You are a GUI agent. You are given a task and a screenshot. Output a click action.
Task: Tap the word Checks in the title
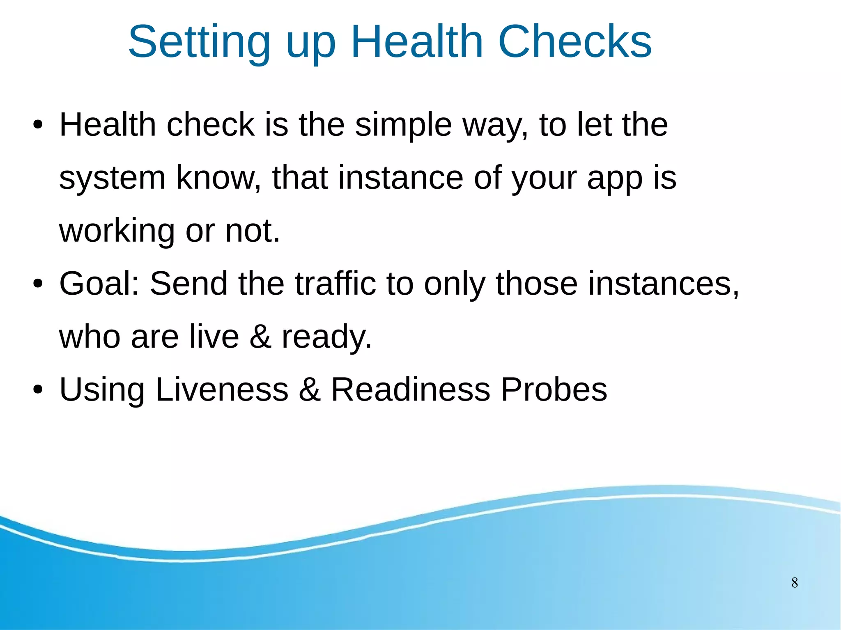(574, 42)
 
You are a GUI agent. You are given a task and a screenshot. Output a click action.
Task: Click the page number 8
(795, 583)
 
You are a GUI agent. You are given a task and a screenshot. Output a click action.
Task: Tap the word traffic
(335, 284)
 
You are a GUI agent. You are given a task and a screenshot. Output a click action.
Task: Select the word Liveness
(222, 389)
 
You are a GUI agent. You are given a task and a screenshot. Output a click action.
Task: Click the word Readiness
(410, 389)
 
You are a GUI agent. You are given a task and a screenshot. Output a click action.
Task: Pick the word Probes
(554, 389)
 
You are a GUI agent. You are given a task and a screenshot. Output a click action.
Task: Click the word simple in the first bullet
(403, 125)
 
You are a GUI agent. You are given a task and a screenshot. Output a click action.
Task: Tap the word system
(112, 179)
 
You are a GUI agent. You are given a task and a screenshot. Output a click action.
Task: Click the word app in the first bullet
(615, 179)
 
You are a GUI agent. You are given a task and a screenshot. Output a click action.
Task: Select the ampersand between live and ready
(260, 337)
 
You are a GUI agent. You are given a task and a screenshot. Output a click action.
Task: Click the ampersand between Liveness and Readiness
(309, 389)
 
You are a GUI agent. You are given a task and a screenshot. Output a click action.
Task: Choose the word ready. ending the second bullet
(326, 337)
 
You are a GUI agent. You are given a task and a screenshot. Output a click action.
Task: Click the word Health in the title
(417, 42)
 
